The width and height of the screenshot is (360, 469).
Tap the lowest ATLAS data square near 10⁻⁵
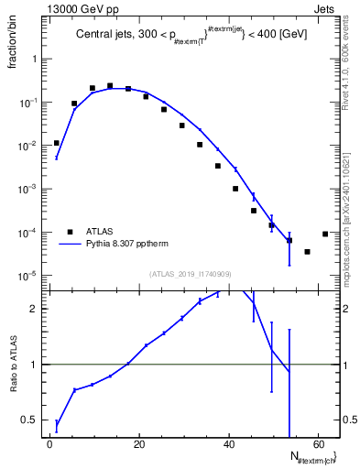tap(307, 251)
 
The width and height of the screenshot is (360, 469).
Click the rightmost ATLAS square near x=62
tap(325, 234)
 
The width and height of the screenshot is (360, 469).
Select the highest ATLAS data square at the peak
tap(110, 86)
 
